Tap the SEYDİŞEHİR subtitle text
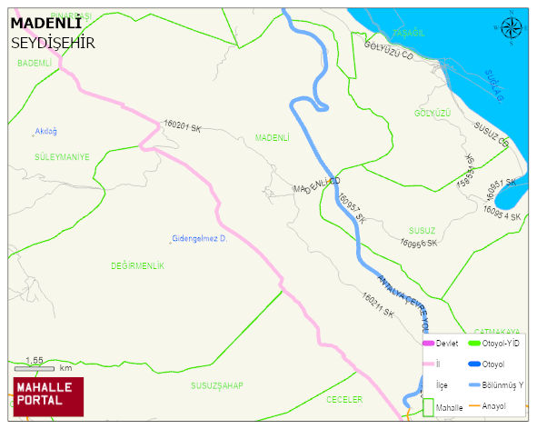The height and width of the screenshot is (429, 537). pos(53,43)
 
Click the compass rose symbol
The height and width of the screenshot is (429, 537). pos(512,28)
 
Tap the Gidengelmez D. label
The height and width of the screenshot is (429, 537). pos(198,238)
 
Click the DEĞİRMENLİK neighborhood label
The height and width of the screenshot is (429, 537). pos(137,265)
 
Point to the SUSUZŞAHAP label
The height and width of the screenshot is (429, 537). pos(216,385)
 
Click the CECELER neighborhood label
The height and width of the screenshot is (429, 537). pos(344,400)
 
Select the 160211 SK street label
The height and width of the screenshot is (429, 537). pos(377,304)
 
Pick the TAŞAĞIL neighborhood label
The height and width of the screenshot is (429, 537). pos(408,33)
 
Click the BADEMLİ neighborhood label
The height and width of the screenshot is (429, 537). pos(35,64)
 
